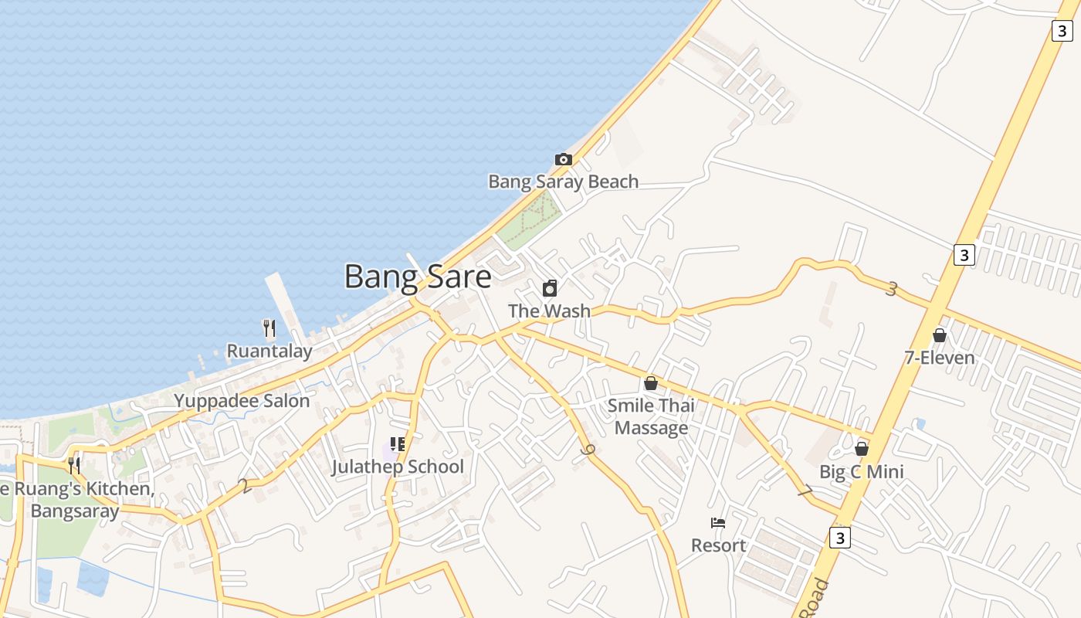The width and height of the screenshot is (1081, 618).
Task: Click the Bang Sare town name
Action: [x=417, y=277]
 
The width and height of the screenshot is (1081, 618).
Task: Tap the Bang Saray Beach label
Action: [x=563, y=182]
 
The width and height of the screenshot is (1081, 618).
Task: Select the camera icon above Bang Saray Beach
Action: [x=564, y=159]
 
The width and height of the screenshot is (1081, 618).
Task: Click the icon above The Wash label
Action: [x=550, y=288]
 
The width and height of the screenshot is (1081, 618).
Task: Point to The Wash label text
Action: [x=549, y=311]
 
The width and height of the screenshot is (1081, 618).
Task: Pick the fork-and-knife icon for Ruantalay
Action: [x=269, y=328]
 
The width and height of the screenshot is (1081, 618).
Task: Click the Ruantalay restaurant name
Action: [x=269, y=351]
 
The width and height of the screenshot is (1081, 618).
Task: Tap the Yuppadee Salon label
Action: [x=242, y=401]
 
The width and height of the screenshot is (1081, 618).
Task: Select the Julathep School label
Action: [x=398, y=467]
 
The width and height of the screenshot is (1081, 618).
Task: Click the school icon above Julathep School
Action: [x=398, y=444]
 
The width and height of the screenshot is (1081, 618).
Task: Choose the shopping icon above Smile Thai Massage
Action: [x=651, y=383]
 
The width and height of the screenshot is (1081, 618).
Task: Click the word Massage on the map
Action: [x=651, y=428]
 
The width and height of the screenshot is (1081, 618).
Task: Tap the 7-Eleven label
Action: [x=940, y=358]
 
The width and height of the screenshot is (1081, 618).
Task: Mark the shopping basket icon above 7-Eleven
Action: [x=940, y=335]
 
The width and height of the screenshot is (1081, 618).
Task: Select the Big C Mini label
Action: [x=862, y=472]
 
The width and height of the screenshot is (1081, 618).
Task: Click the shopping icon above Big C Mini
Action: [x=862, y=449]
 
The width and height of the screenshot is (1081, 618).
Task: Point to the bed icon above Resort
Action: [x=718, y=523]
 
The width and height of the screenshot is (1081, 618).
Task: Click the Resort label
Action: [x=718, y=545]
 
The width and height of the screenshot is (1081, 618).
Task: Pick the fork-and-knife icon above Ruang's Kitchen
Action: [x=74, y=466]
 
